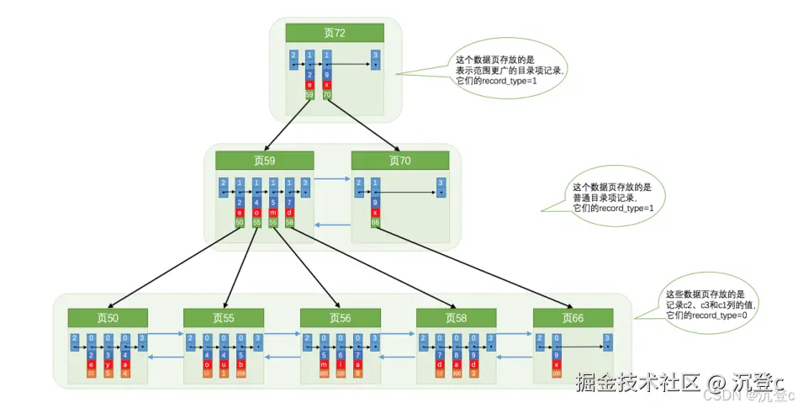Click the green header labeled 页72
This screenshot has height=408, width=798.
tap(335, 33)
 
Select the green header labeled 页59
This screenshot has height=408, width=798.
tap(264, 161)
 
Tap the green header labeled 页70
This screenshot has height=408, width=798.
tap(400, 161)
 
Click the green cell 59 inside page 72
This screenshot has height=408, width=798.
tap(310, 95)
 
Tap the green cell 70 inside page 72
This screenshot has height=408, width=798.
tap(327, 95)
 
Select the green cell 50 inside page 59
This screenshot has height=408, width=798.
tap(240, 223)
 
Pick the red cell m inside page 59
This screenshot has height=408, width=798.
tap(273, 213)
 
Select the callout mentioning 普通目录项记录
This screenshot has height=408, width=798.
tap(610, 197)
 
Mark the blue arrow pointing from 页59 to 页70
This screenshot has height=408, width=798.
tap(333, 178)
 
